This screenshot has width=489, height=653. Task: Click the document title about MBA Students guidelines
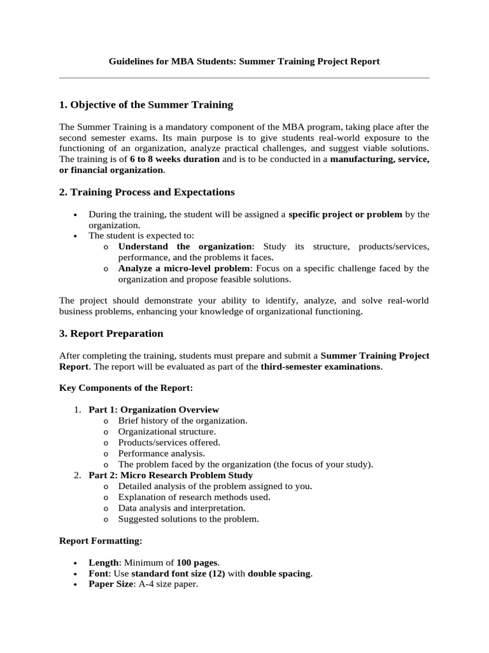(x=244, y=62)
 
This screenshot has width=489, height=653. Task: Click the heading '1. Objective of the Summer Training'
(x=146, y=105)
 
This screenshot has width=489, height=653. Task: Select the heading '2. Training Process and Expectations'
(x=146, y=192)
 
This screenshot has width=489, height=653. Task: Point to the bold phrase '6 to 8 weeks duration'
(x=174, y=159)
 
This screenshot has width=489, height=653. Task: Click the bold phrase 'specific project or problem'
(x=345, y=214)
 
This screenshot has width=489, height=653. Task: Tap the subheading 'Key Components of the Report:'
(x=125, y=388)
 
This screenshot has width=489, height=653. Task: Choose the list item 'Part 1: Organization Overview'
(x=153, y=409)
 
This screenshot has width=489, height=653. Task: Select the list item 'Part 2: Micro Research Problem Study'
(x=171, y=475)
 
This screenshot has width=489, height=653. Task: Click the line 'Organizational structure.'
(x=167, y=431)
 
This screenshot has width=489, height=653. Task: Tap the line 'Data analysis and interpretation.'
(x=181, y=508)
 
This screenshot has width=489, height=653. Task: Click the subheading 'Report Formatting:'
(x=101, y=541)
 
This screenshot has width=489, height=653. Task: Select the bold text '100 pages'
(x=197, y=562)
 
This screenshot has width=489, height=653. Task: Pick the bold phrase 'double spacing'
(x=280, y=573)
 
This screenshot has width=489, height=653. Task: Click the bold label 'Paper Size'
(x=111, y=584)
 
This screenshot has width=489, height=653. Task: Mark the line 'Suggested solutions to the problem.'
(x=188, y=519)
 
